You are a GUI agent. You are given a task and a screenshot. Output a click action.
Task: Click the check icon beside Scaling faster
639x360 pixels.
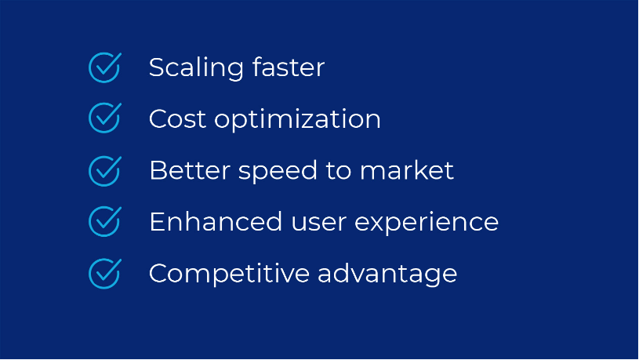(x=104, y=67)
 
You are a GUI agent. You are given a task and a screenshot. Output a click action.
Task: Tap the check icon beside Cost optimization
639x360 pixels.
(x=104, y=118)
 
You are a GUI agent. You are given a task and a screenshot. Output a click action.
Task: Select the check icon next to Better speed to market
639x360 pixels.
(x=104, y=170)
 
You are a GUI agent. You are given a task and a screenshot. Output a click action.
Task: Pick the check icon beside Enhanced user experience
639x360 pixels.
(x=104, y=222)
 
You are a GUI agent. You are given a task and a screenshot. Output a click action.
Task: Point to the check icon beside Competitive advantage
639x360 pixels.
(x=104, y=273)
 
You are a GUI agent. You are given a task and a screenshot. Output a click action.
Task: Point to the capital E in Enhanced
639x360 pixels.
(x=156, y=222)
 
